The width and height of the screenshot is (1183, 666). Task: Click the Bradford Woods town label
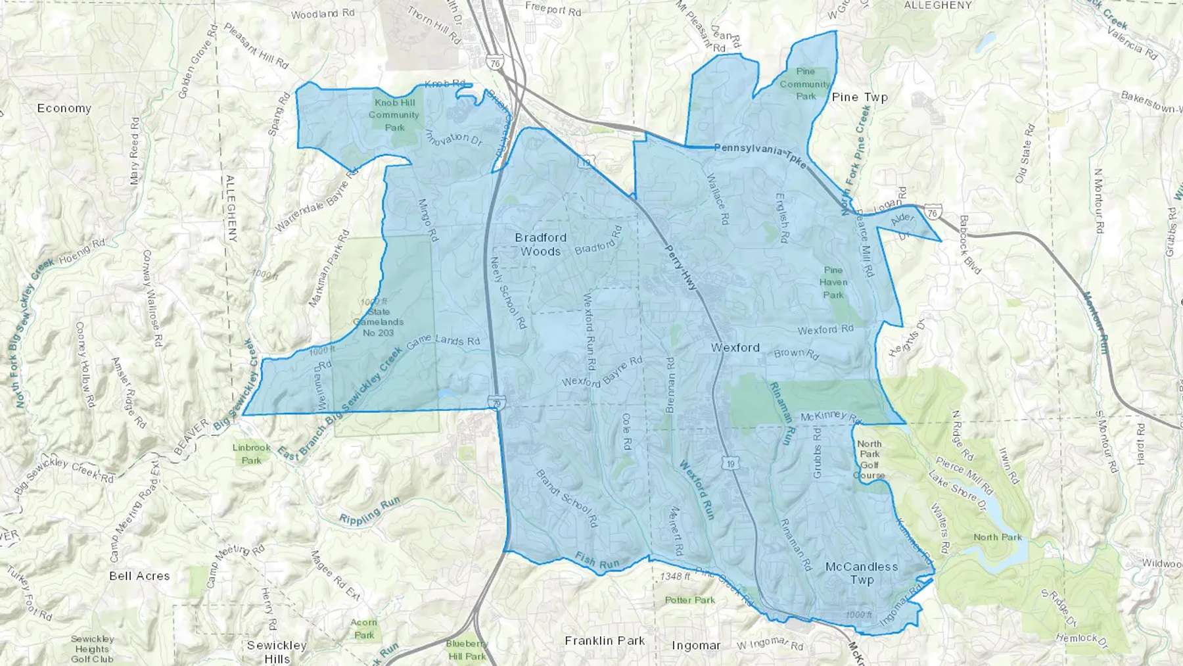point(540,244)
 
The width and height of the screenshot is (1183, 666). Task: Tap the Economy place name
point(64,108)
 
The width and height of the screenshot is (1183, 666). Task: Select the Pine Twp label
point(860,97)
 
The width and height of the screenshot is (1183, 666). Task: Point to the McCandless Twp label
point(862,573)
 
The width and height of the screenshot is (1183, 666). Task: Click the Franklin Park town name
point(605,640)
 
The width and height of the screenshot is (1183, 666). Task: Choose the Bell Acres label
point(139,576)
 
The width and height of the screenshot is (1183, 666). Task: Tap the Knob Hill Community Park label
point(394,114)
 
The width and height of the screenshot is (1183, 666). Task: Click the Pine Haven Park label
point(833,283)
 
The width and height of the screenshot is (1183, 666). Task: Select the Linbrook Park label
point(251,454)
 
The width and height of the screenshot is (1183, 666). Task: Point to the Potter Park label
point(689,600)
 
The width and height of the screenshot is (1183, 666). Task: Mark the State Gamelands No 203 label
point(378,322)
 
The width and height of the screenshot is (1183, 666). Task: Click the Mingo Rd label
point(427,220)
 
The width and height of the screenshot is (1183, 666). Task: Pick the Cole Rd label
point(626,431)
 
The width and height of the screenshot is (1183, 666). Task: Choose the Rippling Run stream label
point(369,511)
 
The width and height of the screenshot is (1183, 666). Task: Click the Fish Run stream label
point(597,560)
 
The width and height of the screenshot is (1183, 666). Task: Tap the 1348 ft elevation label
point(675,577)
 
